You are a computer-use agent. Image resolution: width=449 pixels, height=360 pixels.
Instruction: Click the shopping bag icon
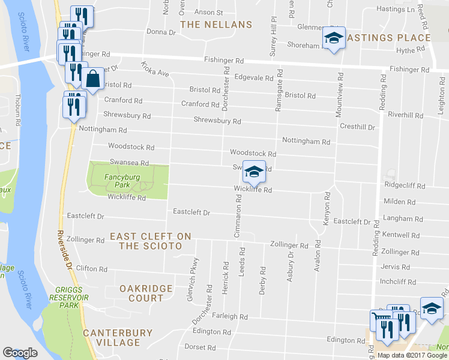click(94, 79)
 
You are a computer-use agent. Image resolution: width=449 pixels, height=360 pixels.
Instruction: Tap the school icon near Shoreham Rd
click(333, 38)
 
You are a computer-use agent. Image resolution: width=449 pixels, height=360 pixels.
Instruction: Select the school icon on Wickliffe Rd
click(254, 172)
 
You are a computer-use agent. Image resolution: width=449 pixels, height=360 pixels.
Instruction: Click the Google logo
click(20, 353)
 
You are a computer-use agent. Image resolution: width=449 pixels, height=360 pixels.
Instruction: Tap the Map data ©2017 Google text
click(412, 355)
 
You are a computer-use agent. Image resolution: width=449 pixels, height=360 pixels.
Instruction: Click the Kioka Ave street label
click(155, 68)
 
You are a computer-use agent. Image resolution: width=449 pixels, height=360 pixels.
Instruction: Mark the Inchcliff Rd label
click(398, 281)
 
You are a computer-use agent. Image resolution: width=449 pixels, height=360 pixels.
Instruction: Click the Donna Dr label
click(160, 32)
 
